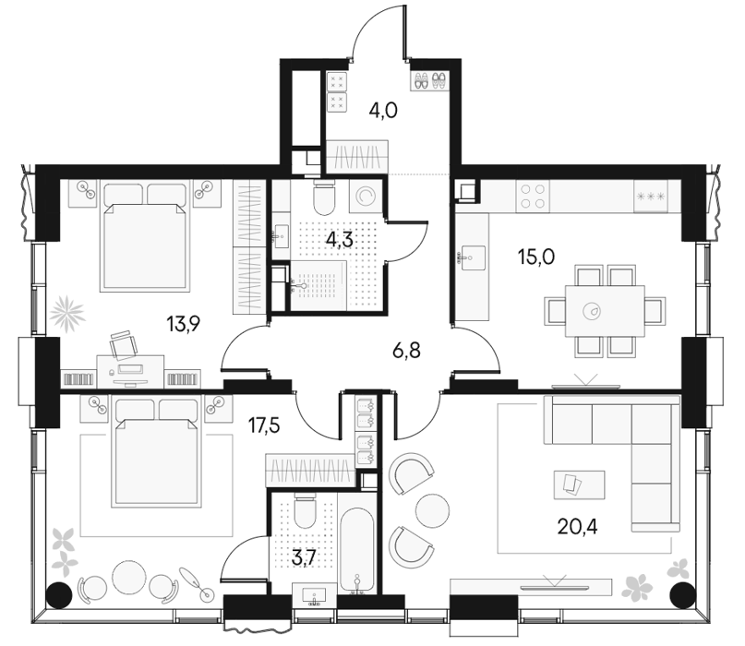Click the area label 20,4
point(577,527)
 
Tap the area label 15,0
point(536,257)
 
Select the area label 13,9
point(184,325)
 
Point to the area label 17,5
point(264,426)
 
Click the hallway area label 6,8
point(407,352)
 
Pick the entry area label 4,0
point(383,111)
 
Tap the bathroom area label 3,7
point(304,557)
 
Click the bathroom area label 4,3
point(339,240)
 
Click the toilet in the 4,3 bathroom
point(325,197)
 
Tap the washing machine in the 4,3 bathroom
point(366,197)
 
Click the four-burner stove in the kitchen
point(533,197)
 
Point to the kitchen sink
point(473,257)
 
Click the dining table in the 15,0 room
point(605,311)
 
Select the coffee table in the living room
point(579,485)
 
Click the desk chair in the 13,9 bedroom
point(123,344)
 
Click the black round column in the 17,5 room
point(59,593)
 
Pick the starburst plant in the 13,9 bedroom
point(66,314)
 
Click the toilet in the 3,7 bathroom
point(305,511)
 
